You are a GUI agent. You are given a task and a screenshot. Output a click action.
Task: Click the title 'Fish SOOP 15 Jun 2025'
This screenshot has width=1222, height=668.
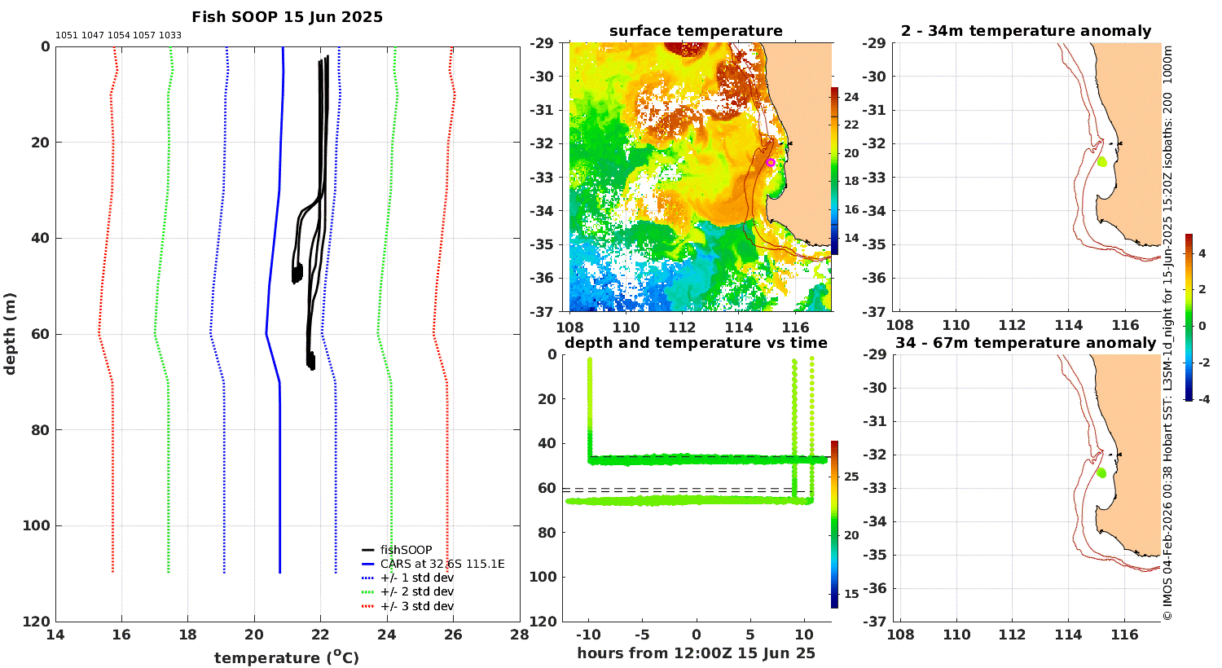(287, 17)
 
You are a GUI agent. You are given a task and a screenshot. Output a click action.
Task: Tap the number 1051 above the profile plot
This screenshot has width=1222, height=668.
(67, 36)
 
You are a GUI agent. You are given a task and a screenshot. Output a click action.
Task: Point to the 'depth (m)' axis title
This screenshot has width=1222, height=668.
(10, 334)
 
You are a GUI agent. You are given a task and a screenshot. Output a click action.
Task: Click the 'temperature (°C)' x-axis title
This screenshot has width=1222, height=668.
(287, 657)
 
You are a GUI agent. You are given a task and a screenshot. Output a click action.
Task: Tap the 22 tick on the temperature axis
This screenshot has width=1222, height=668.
(321, 635)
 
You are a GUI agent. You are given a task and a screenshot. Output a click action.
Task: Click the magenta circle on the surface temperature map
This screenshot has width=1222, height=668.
(771, 162)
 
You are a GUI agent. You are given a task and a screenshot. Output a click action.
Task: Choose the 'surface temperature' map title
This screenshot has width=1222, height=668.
(696, 30)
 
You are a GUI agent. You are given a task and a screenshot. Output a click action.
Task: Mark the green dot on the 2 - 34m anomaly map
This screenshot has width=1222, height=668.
(1102, 161)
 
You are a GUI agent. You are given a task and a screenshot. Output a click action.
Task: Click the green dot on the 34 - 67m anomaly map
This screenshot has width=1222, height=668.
(1101, 472)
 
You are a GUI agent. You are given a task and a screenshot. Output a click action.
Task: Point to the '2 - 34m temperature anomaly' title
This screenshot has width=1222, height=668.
(1026, 31)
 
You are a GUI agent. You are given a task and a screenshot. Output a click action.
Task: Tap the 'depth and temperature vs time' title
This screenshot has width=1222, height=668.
(696, 342)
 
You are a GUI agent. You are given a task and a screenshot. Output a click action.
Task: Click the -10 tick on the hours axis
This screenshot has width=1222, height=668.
(588, 635)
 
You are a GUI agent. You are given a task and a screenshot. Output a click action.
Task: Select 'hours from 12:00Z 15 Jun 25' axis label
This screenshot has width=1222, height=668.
(696, 653)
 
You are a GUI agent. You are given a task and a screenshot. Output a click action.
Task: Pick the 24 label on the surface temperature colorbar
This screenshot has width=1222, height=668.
(851, 97)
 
